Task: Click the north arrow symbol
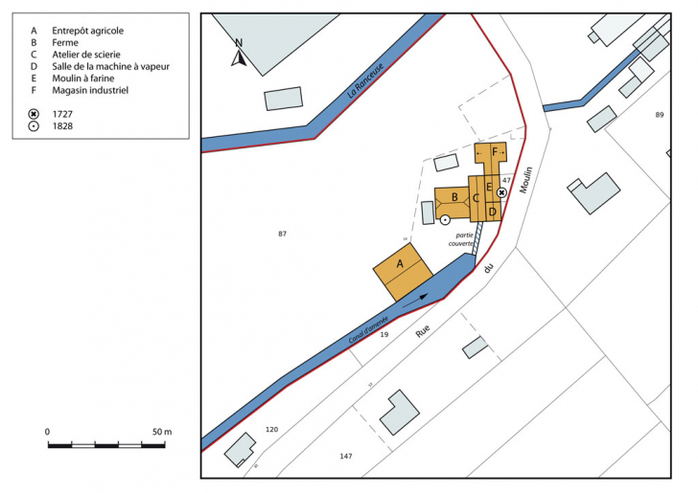coord(240,55)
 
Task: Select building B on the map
coord(454,197)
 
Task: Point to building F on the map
coord(495,152)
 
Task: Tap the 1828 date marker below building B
coord(445,220)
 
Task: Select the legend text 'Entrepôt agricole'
coord(87,31)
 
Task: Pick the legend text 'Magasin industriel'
coord(90,91)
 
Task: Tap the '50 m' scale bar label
coord(160,433)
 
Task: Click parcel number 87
coord(282,234)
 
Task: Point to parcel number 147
coord(346,457)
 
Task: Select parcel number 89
coord(659,115)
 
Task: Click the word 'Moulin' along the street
coord(525,179)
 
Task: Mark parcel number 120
coord(271,430)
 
